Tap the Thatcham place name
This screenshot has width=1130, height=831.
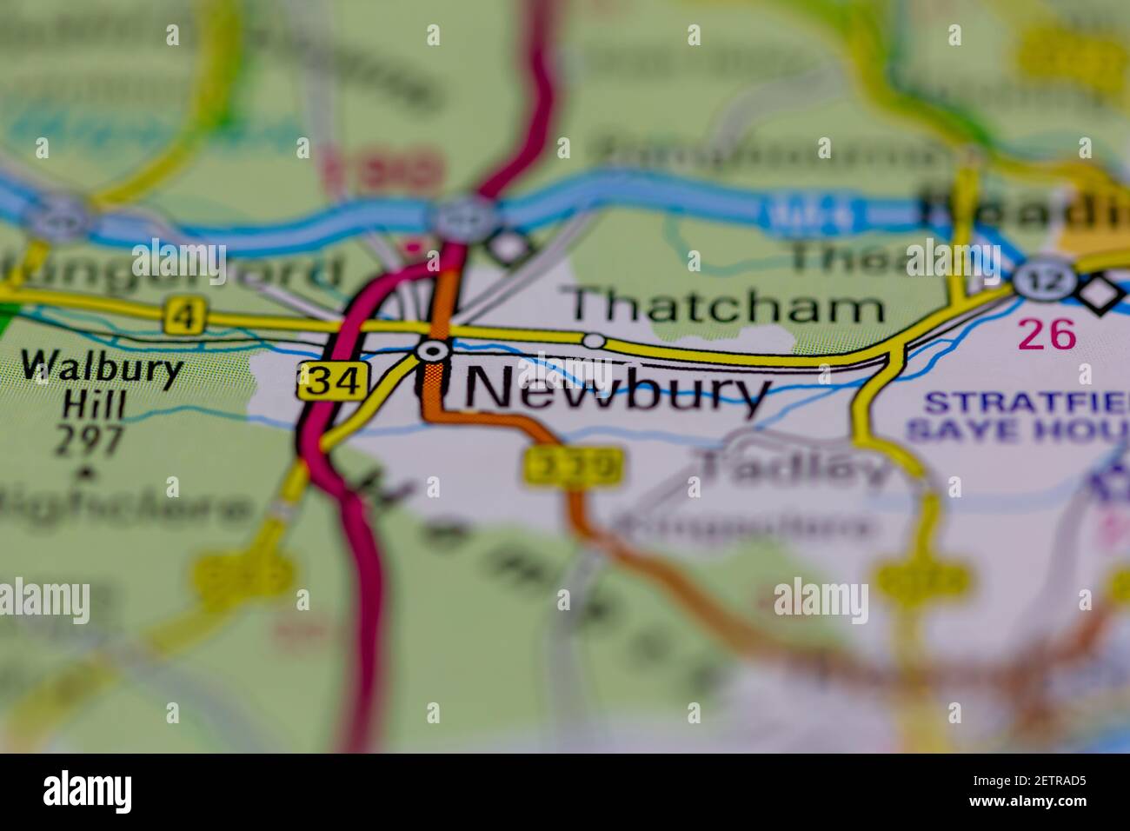point(726,307)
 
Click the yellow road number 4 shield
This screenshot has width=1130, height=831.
point(182,316)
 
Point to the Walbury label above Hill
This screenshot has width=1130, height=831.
point(103,368)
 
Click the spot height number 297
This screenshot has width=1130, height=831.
point(90,441)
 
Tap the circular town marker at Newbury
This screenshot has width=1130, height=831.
point(433,351)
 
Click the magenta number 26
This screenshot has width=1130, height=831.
point(1047,334)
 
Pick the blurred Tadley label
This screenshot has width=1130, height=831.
point(795,469)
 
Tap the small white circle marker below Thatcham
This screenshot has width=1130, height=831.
point(594,341)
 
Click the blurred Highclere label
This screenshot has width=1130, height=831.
point(122,509)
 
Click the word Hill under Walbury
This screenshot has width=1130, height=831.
point(94,405)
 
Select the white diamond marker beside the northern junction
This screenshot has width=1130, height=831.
point(507,247)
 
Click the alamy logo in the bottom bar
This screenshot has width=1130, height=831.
point(88,792)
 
